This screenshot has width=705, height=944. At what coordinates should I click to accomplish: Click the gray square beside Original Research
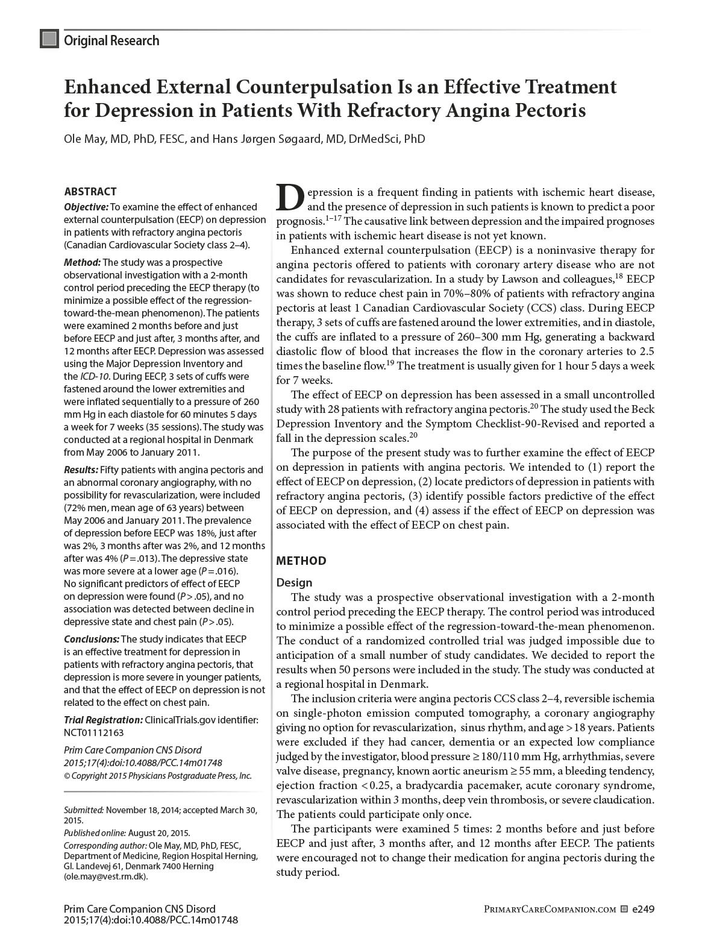click(x=49, y=39)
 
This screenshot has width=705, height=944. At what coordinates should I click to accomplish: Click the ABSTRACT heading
click(x=90, y=192)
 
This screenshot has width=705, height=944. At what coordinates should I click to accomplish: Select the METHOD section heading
click(x=301, y=561)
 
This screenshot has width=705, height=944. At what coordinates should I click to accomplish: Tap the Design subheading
click(x=294, y=582)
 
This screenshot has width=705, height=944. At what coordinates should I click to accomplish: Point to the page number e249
click(x=643, y=908)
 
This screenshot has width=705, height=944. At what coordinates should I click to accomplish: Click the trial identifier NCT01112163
click(x=93, y=732)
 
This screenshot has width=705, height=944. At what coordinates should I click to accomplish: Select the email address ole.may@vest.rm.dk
click(x=105, y=876)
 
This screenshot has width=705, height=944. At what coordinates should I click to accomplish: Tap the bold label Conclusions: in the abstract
click(x=92, y=639)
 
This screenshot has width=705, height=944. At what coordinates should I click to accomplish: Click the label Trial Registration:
click(x=103, y=720)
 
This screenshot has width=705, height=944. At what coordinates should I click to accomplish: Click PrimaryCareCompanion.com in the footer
click(x=550, y=909)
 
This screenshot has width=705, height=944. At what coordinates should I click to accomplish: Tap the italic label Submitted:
click(x=84, y=810)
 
